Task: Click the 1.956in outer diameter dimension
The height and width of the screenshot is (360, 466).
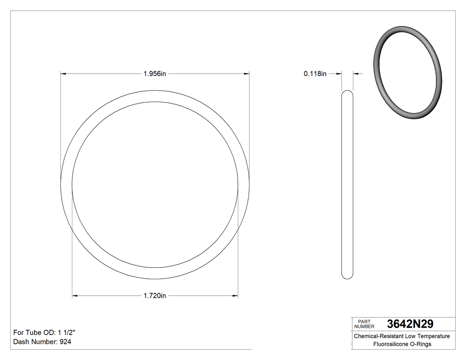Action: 154,74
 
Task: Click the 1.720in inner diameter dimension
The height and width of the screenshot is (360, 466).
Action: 154,296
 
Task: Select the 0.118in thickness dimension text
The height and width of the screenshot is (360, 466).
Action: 315,74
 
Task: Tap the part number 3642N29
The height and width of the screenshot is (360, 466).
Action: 410,324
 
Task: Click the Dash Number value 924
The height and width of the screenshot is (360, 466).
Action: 65,342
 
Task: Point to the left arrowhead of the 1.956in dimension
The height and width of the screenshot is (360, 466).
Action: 63,74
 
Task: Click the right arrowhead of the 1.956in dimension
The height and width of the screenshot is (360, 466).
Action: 247,74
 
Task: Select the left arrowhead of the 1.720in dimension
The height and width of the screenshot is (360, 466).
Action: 75,296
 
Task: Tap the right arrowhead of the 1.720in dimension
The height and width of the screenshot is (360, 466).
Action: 235,296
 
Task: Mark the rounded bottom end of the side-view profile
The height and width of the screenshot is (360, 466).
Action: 347,277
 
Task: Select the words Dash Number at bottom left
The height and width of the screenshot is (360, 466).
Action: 35,342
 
